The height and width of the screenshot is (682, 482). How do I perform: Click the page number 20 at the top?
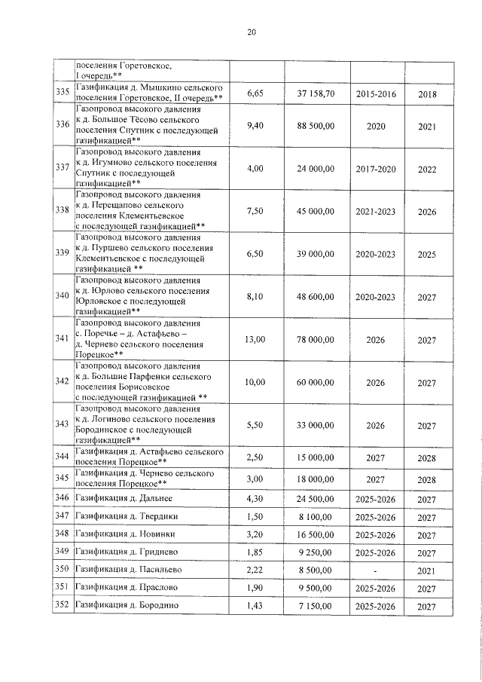point(252,32)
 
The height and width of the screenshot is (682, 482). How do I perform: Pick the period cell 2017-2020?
point(375,169)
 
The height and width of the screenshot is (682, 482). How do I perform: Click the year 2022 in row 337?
point(427,169)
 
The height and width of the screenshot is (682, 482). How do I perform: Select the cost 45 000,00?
point(315,212)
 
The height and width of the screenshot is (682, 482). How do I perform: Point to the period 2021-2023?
point(375,212)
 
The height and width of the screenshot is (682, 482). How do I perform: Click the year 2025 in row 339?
point(427,255)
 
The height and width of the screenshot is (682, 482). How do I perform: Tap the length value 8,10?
point(255,297)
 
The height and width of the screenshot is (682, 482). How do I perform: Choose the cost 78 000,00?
point(315,340)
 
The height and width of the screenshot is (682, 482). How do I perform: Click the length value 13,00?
point(255,340)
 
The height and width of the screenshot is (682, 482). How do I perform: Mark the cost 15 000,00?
point(315,457)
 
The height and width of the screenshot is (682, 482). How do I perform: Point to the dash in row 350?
point(375,569)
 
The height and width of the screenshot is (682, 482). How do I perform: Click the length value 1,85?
point(255,552)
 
